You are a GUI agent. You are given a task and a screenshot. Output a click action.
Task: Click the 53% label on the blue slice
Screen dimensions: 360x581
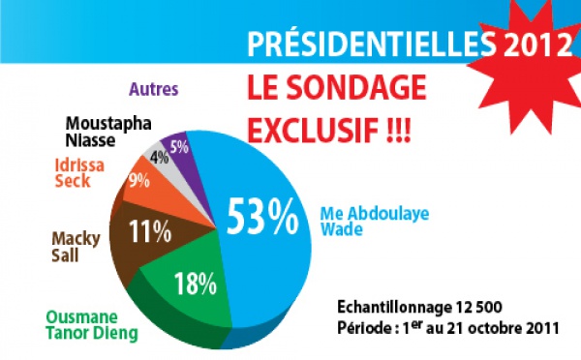pos(262,216)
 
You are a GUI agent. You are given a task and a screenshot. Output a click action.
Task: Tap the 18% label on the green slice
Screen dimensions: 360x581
pos(197,283)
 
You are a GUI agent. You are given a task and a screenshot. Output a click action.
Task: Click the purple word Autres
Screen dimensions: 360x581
pos(153,89)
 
